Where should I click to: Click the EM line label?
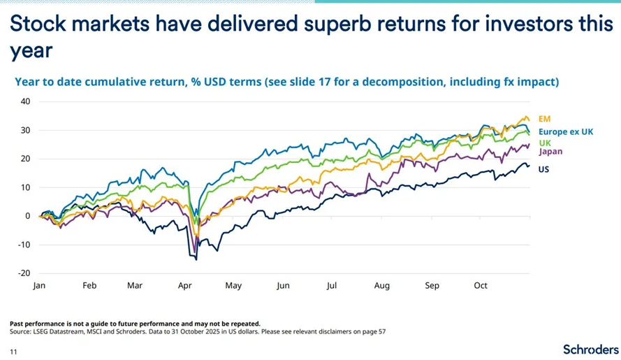click(x=545, y=120)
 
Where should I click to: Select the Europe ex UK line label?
click(x=566, y=131)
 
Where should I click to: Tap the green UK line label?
click(x=544, y=143)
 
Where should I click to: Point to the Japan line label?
click(x=550, y=151)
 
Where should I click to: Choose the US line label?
click(x=543, y=169)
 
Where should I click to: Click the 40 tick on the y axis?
click(x=26, y=101)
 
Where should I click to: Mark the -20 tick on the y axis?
click(x=24, y=273)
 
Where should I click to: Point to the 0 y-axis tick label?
click(x=28, y=216)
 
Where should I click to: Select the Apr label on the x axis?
click(x=185, y=286)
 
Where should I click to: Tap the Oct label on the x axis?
click(x=481, y=286)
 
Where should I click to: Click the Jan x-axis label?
click(x=39, y=286)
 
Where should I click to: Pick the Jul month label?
click(x=333, y=286)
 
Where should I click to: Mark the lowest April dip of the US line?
click(x=196, y=259)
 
